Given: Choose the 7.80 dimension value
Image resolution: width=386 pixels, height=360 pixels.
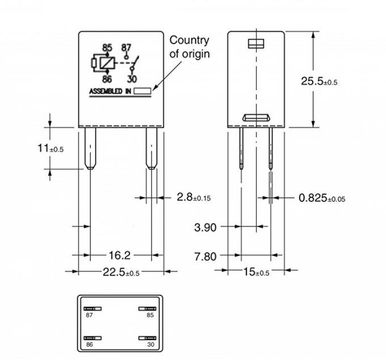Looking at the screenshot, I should coord(205,256).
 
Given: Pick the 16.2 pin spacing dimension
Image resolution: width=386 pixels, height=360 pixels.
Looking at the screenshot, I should coord(119,256).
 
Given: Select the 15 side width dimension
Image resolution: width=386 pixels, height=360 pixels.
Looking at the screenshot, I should coord(256,272).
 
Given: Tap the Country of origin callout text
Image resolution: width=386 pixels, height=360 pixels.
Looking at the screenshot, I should coord(190,47).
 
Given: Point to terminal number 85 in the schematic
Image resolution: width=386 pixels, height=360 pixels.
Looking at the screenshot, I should coord(107,47).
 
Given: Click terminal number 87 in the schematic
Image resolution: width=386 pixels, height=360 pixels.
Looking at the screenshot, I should coord(127,47).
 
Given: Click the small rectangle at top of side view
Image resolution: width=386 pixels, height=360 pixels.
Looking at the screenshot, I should coord(256,44).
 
